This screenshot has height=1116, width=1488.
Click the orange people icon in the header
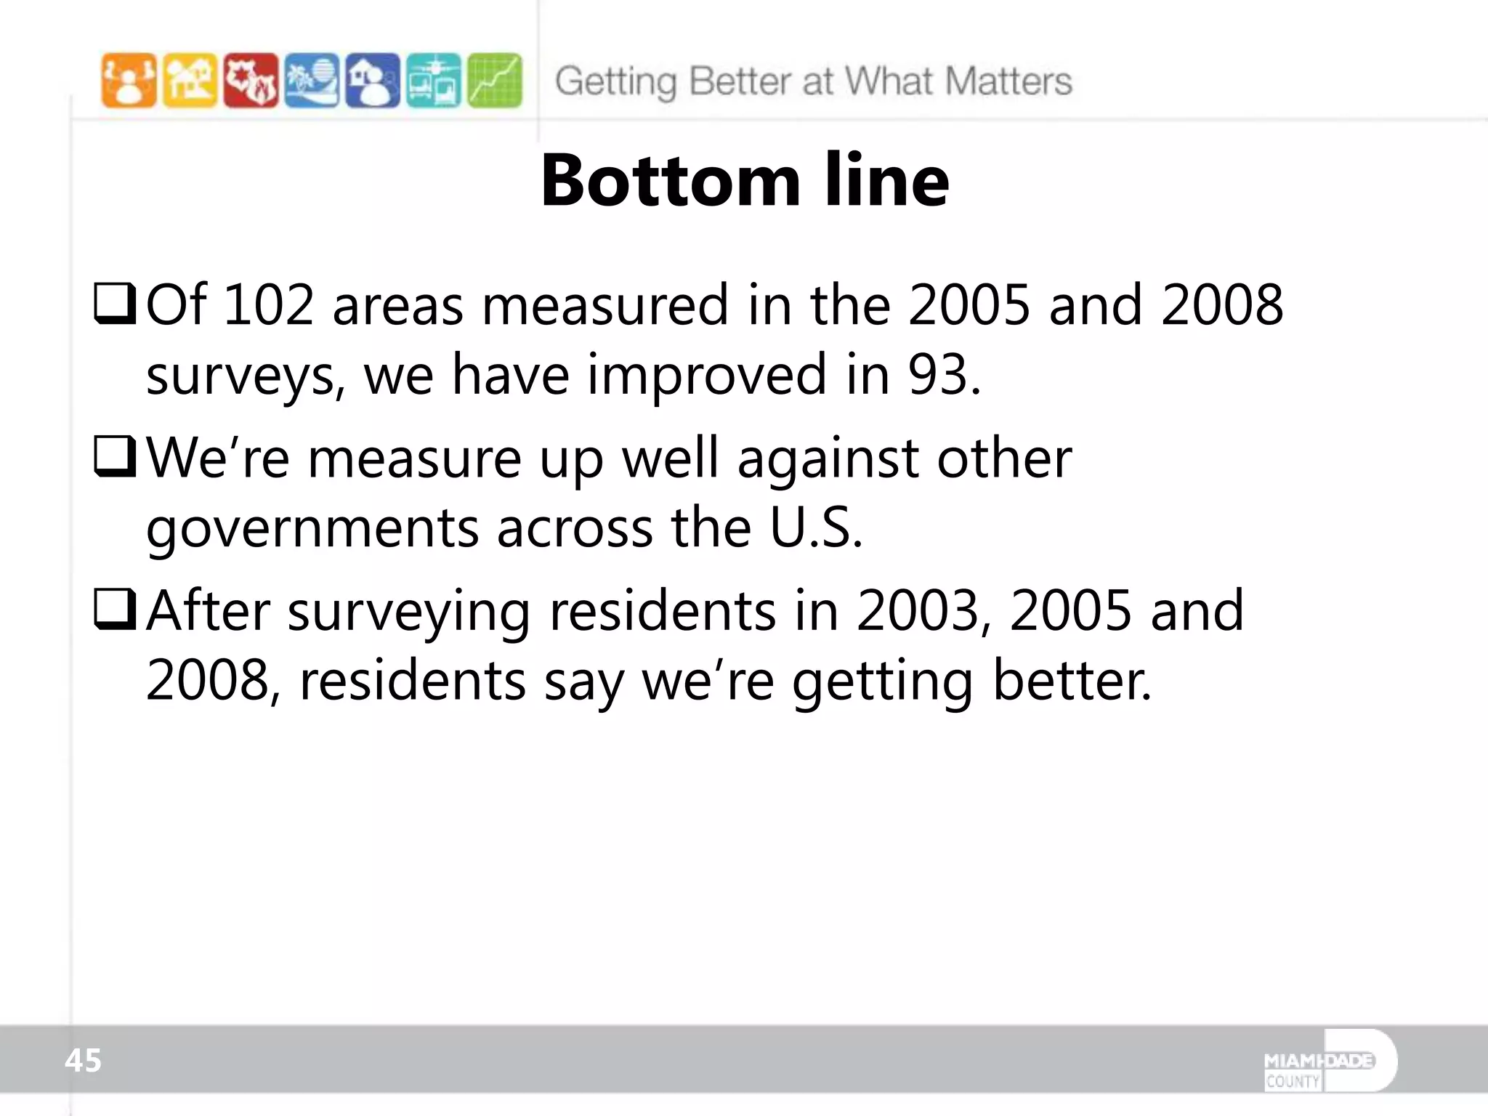129,81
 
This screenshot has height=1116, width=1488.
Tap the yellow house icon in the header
190,81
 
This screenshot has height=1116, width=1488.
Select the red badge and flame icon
251,81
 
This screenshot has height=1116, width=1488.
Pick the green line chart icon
495,81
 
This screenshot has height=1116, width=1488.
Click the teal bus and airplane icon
434,81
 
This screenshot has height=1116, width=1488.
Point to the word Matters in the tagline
1009,81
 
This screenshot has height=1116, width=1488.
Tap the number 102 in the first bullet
269,305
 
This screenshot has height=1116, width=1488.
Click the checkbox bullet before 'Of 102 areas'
115,304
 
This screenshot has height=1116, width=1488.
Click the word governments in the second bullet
312,529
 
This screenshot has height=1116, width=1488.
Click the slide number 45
83,1061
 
